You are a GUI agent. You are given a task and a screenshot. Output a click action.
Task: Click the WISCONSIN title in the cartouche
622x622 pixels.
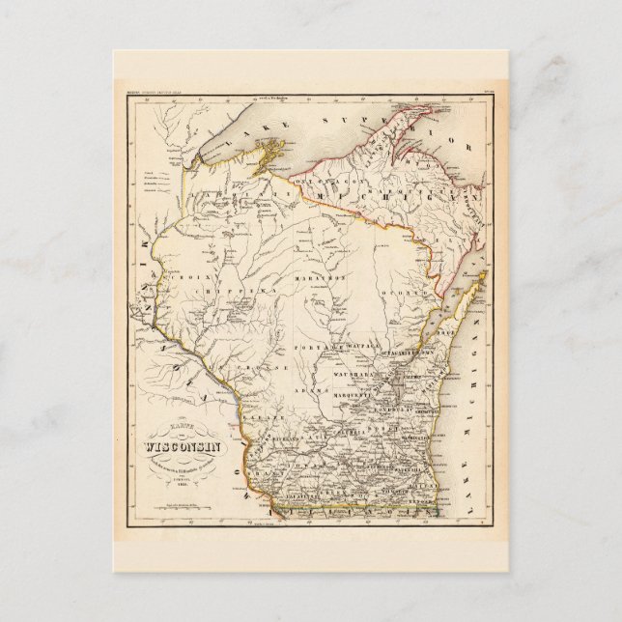click(x=183, y=447)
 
